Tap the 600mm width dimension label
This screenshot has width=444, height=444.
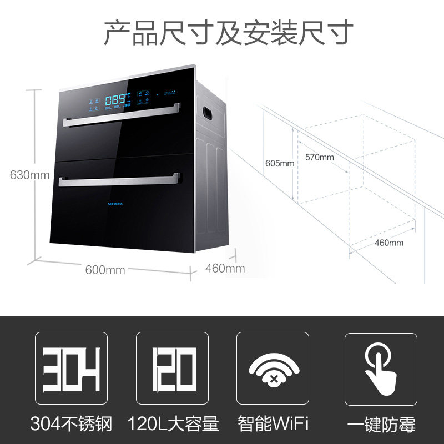[x=105, y=270]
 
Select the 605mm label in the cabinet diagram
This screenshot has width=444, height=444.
[x=279, y=163]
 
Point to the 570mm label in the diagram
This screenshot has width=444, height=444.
[x=319, y=157]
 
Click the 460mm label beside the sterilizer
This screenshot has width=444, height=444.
[x=225, y=269]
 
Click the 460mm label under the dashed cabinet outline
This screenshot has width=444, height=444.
[x=389, y=243]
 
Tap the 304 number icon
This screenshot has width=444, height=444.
[x=71, y=369]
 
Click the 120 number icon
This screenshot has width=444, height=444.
[x=172, y=369]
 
